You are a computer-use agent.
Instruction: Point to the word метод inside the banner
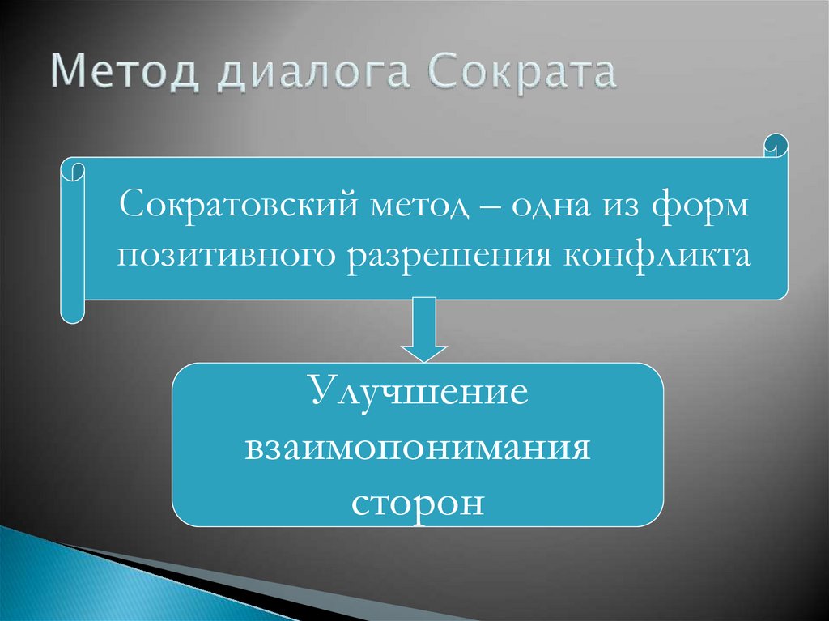coord(420,204)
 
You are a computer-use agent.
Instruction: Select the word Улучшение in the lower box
coord(418,393)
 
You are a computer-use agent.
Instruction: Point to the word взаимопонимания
coord(418,447)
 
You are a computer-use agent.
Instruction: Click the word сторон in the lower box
coord(418,501)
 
